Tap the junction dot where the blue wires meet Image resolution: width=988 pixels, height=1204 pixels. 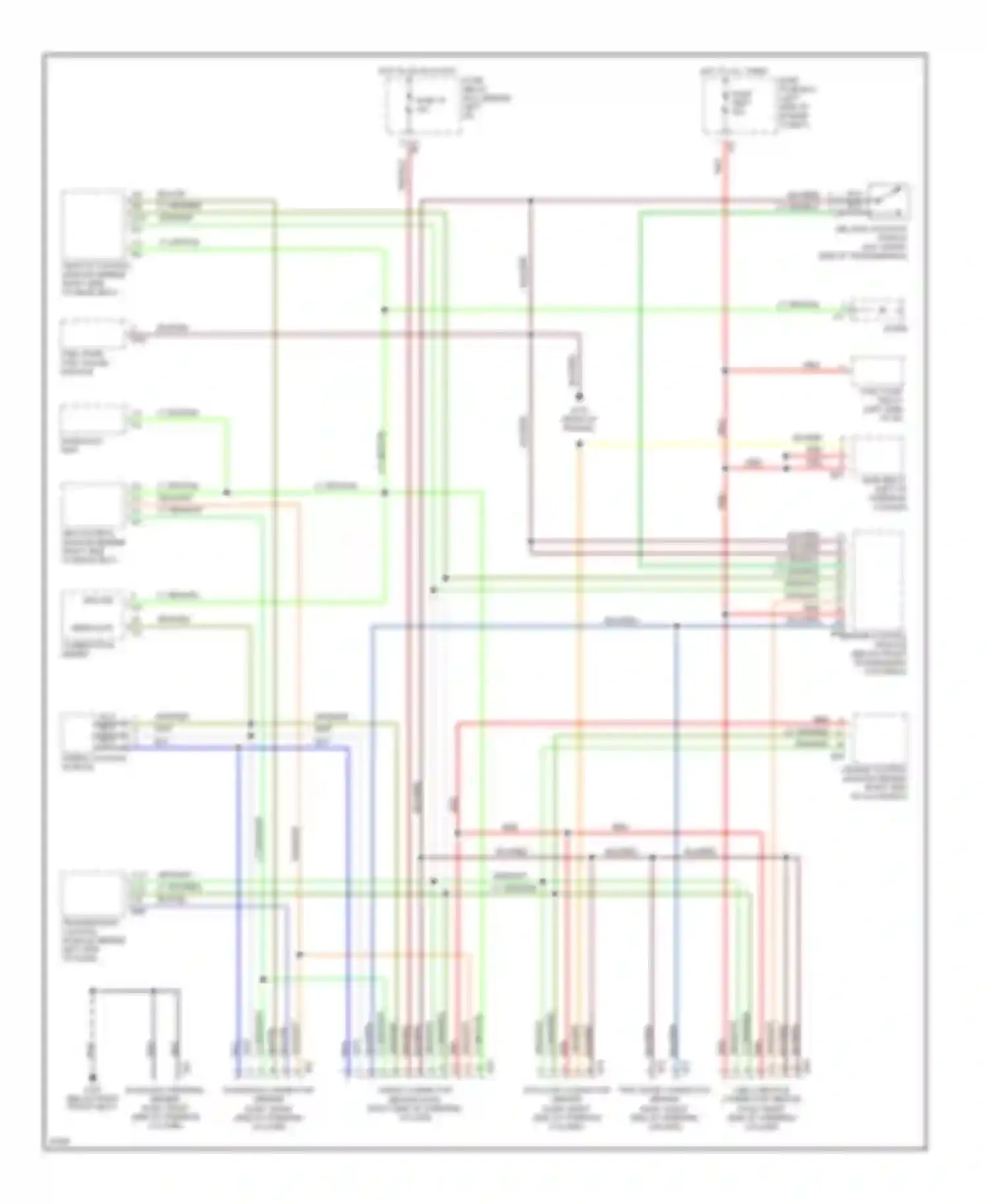pyautogui.click(x=676, y=626)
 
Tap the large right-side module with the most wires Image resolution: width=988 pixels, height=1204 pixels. pyautogui.click(x=879, y=580)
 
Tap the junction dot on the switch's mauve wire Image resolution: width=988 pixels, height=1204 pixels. pyautogui.click(x=531, y=200)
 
